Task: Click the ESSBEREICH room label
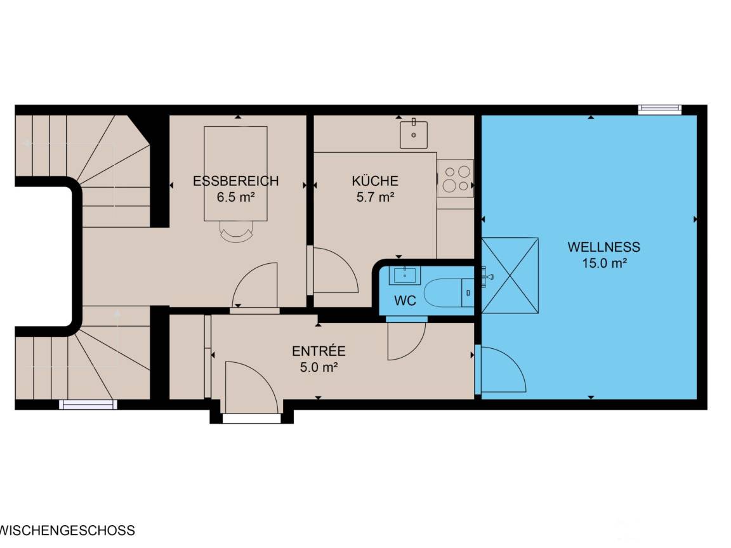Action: [x=235, y=181]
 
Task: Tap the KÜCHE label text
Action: [x=375, y=181]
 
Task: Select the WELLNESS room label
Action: [x=603, y=247]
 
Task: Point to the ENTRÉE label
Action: [x=319, y=351]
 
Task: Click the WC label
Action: [x=405, y=301]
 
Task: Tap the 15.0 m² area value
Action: [x=603, y=263]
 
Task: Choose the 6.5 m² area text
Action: [x=235, y=197]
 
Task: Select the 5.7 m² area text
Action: [x=375, y=197]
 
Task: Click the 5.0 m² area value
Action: [x=319, y=367]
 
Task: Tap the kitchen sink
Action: [x=414, y=134]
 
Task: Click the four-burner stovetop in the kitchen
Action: [x=456, y=178]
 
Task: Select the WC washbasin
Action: [x=405, y=275]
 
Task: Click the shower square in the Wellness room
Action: [x=510, y=275]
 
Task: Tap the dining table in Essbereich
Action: [x=235, y=173]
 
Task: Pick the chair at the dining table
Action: [x=236, y=232]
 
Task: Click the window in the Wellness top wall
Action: [x=660, y=110]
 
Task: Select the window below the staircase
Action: [x=88, y=405]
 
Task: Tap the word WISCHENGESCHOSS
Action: [x=68, y=530]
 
